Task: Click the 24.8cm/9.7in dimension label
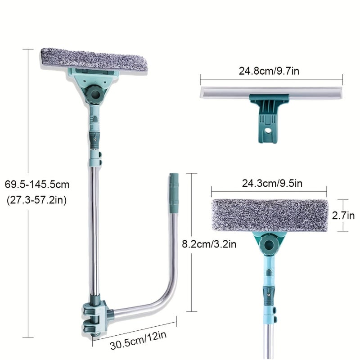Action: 269,71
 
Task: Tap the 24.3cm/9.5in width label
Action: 272,184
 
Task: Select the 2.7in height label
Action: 343,216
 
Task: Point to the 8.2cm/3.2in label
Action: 209,244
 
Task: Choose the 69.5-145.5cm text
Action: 37,184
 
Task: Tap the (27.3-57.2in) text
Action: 37,200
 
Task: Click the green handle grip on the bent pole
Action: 174,193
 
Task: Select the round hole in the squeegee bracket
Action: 267,131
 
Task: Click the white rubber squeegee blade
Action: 271,92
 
